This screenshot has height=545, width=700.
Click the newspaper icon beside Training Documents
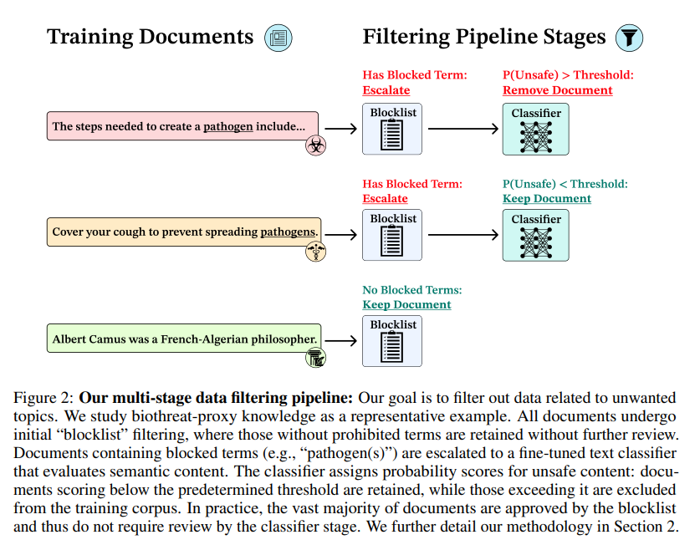(278, 38)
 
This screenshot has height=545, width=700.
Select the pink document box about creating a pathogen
(181, 127)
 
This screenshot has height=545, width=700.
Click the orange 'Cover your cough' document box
(183, 231)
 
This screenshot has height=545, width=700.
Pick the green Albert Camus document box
(183, 339)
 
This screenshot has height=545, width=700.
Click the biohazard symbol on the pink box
(315, 146)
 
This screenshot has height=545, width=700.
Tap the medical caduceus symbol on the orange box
(315, 251)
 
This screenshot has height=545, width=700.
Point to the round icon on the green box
(315, 359)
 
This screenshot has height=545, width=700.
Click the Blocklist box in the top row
(392, 129)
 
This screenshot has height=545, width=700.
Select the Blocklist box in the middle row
(392, 235)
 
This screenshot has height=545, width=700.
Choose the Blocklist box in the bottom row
(392, 340)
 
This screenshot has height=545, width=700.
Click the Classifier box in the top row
(535, 129)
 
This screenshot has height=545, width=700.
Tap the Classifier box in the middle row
(535, 235)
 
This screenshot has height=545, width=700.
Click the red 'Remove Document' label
(557, 90)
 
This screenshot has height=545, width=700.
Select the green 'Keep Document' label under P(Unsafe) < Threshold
(546, 199)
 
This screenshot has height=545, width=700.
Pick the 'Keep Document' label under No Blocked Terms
(406, 305)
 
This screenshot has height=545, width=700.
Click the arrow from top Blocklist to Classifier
(462, 129)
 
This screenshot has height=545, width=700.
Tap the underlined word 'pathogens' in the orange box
(288, 232)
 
